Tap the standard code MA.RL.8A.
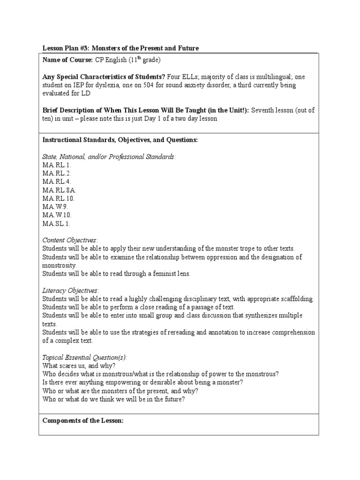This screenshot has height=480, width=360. point(60,190)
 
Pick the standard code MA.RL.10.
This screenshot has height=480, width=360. point(59,198)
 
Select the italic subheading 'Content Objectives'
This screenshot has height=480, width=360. point(70,240)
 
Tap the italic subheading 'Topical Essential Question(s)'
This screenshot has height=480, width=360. point(85,358)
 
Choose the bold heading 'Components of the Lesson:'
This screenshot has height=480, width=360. point(83,420)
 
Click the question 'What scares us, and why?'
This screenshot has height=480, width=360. point(79,366)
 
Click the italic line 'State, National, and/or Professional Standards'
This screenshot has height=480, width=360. point(109,156)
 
